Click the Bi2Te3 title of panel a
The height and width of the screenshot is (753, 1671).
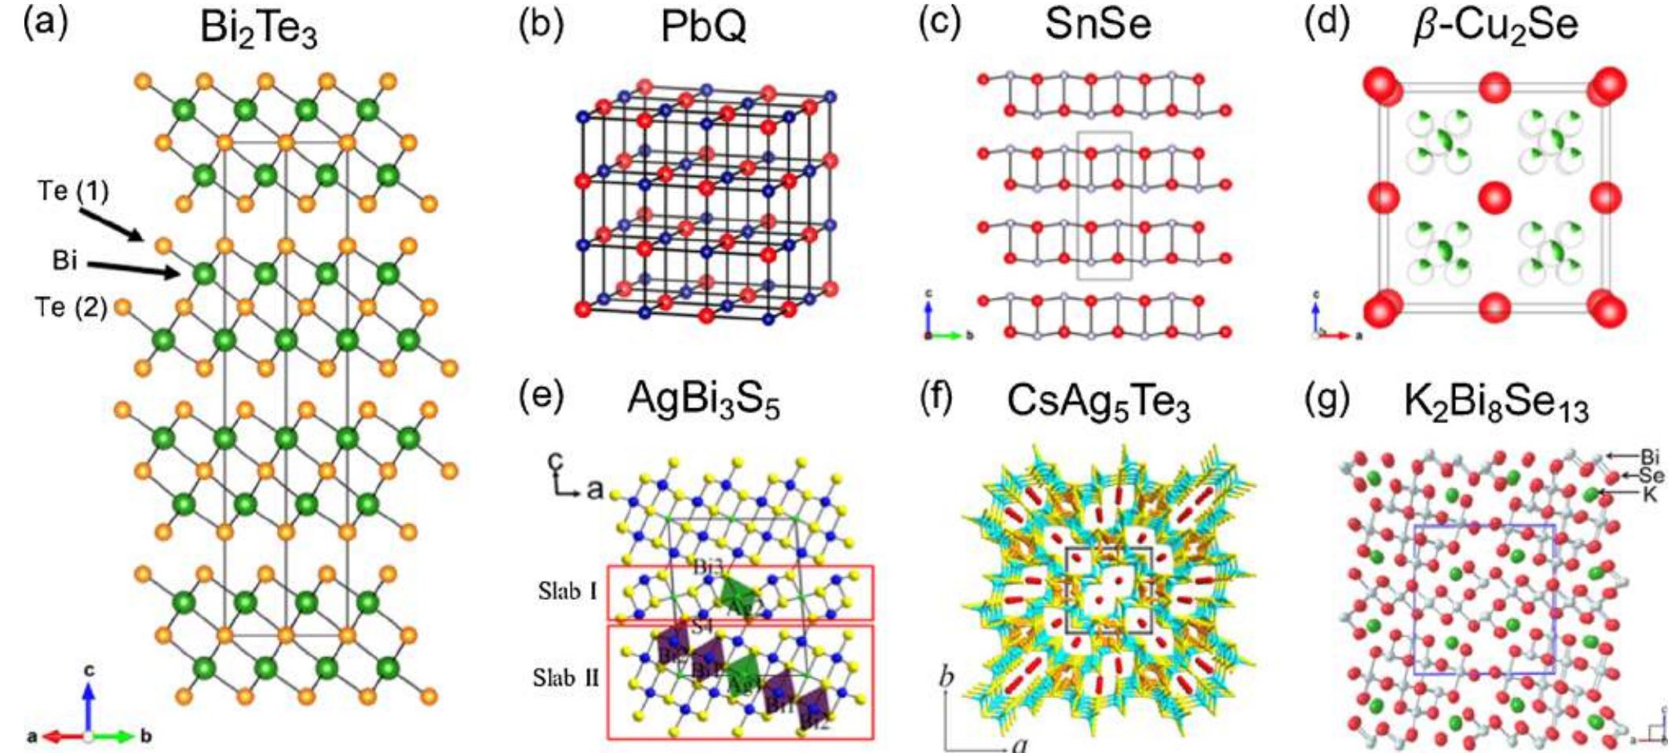[259, 30]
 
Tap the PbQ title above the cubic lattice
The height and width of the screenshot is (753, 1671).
[703, 27]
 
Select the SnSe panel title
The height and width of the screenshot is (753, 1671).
[1098, 25]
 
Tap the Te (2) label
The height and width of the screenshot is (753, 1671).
[71, 307]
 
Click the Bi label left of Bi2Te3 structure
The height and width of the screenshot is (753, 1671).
[65, 260]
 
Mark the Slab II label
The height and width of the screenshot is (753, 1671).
[567, 677]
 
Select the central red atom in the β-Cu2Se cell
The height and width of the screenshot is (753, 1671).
[1494, 196]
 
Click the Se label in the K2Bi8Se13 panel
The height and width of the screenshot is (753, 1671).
[1651, 475]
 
